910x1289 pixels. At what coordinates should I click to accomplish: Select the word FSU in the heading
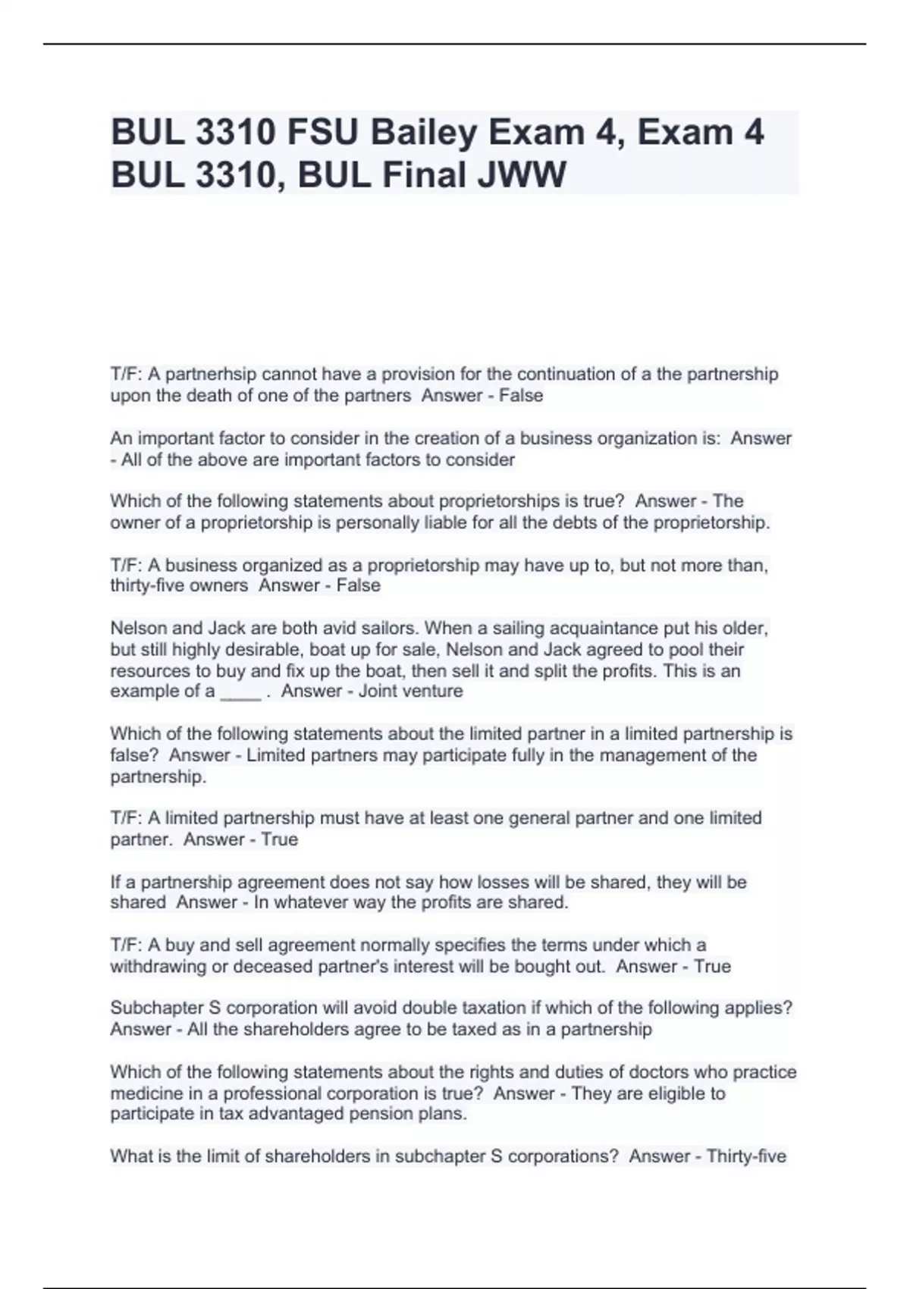click(x=322, y=133)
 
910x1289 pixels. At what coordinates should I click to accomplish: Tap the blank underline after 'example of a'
click(x=240, y=692)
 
